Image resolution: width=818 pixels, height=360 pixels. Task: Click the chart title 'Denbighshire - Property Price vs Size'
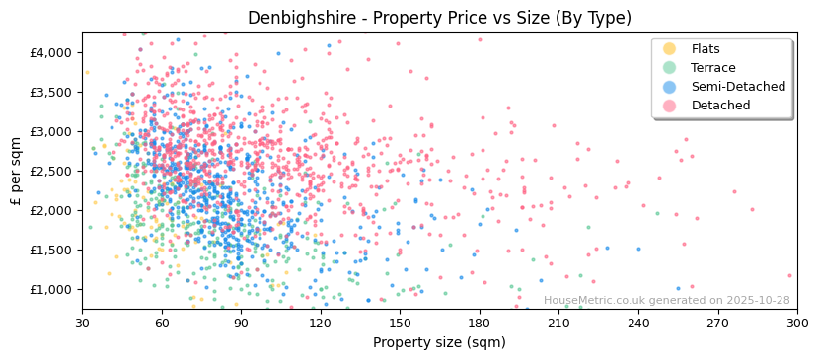point(439,18)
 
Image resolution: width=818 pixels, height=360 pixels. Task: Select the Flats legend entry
point(706,49)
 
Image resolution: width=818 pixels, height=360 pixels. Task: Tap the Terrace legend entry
point(712,68)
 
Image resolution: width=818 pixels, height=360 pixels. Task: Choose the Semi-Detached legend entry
point(738,87)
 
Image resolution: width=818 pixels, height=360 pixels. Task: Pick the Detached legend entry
point(718,106)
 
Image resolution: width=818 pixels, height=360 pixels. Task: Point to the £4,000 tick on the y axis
point(51,52)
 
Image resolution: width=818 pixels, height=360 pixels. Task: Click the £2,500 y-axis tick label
point(51,171)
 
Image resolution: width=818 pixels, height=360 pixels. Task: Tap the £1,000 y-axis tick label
point(51,289)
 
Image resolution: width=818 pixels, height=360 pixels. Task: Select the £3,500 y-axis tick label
point(51,92)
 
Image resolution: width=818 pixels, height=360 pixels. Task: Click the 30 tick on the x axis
point(82,323)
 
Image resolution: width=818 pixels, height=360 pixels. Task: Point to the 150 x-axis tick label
point(400,323)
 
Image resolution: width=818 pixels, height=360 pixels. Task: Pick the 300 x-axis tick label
point(796,323)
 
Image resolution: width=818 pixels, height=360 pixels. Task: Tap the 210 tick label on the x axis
point(558,323)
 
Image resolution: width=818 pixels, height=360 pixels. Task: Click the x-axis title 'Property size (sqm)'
point(439,342)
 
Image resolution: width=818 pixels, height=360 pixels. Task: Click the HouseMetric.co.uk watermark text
point(666,301)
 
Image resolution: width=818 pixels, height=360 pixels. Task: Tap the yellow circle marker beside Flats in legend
point(670,49)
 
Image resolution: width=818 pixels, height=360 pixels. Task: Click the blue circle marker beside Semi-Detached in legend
point(670,87)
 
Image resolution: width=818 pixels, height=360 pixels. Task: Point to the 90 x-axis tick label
point(241,323)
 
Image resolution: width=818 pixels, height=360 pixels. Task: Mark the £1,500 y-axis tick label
point(51,250)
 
